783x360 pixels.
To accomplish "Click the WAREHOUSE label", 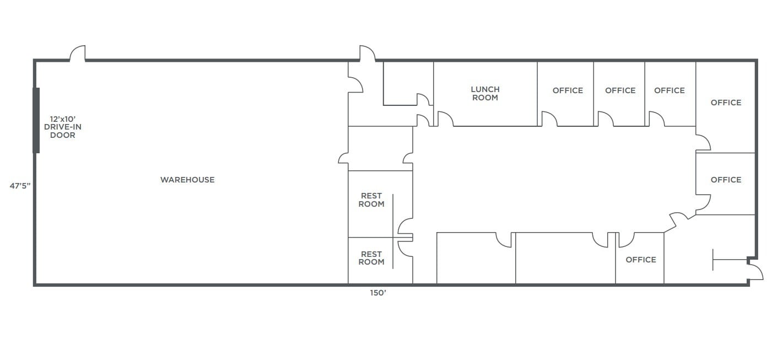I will click(187, 180).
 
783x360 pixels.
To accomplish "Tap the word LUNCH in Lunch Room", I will click(485, 89).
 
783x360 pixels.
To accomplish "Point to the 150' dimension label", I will click(378, 293).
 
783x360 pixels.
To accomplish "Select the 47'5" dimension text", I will click(20, 186).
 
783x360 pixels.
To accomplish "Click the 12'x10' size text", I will click(62, 119).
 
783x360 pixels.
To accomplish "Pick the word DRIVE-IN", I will click(62, 127).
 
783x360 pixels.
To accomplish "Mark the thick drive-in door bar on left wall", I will click(36, 120).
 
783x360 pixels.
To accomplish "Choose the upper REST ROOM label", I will click(371, 200).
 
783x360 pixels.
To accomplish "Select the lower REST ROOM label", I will click(371, 258).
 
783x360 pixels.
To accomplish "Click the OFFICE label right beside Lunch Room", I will click(568, 90).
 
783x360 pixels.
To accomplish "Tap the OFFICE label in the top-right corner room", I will click(726, 103).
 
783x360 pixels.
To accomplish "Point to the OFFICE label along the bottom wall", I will click(641, 260).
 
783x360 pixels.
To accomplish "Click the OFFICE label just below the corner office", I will click(726, 180).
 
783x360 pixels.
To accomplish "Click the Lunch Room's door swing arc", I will click(445, 118).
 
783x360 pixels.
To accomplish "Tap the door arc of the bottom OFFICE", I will click(627, 240).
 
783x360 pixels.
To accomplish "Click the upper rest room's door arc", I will click(404, 225).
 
